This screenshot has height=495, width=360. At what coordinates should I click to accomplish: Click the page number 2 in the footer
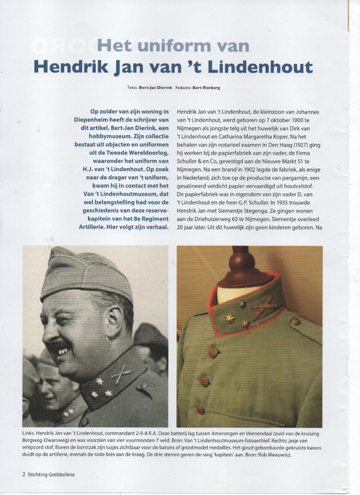[x=24, y=474]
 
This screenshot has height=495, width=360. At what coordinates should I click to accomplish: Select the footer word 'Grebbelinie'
[x=59, y=474]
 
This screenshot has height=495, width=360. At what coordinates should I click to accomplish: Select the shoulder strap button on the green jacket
[x=296, y=321]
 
